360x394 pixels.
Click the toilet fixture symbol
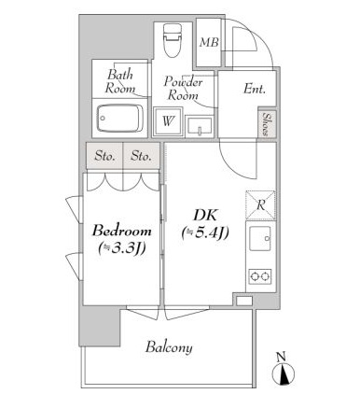tap(172, 40)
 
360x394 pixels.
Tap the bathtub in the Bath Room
tap(119, 119)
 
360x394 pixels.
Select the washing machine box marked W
tap(168, 121)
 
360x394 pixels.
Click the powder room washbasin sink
tap(199, 126)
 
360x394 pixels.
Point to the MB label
tap(209, 42)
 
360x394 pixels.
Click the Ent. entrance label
tap(255, 90)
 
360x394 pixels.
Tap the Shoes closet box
tap(267, 124)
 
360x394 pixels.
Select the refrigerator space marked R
tap(260, 205)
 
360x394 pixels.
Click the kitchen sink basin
tap(260, 238)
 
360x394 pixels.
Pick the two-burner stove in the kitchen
tap(260, 276)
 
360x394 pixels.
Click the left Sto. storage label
tap(104, 156)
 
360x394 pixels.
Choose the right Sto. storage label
tap(141, 156)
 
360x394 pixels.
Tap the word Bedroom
tap(122, 232)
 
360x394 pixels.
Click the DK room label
tap(205, 216)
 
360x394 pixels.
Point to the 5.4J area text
tap(205, 232)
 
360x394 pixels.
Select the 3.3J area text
tap(122, 248)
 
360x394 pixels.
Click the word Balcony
tap(169, 347)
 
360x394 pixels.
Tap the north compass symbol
tap(283, 371)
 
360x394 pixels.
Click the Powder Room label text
tap(183, 88)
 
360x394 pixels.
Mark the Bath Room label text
tap(120, 81)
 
